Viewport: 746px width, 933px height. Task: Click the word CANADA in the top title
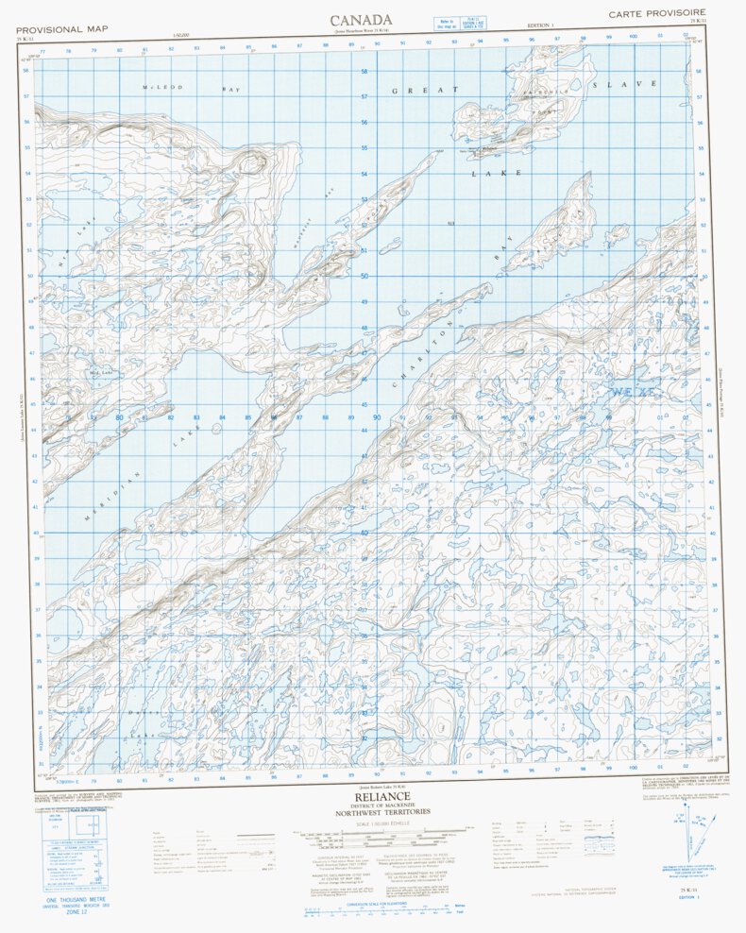[x=360, y=20]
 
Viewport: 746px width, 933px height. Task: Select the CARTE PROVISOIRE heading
[x=656, y=14]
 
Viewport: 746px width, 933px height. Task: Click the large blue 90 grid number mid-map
[x=376, y=417]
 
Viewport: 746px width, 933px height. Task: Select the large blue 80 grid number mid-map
[x=119, y=417]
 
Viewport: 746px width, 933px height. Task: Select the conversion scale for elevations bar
[x=376, y=911]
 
